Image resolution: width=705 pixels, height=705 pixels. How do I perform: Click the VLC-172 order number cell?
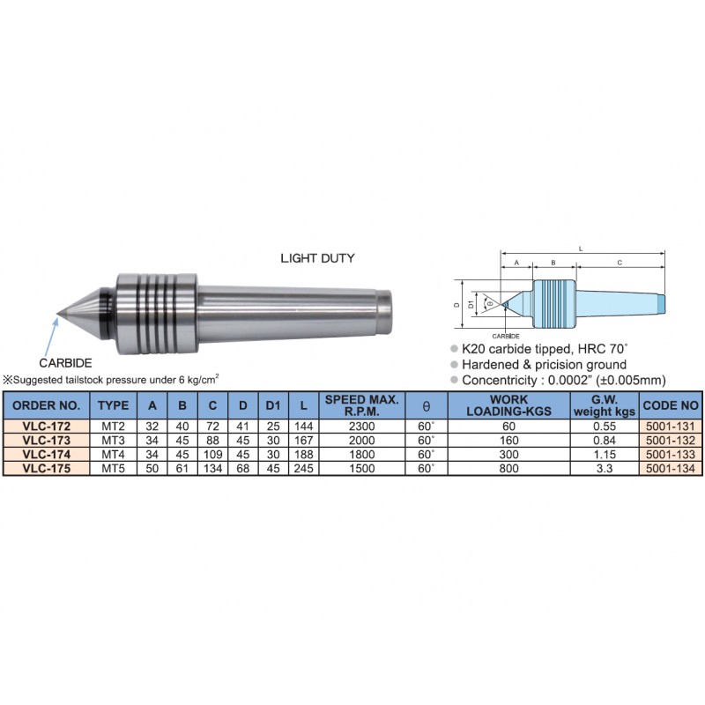coord(47,427)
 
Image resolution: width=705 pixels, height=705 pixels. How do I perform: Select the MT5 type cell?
coord(113,469)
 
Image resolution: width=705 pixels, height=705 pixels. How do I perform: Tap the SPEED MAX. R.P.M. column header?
coord(362,405)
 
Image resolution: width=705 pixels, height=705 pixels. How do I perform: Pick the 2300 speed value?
coord(362,427)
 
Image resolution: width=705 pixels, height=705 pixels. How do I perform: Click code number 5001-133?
coord(671,455)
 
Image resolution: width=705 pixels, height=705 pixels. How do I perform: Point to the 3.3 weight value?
coord(605,469)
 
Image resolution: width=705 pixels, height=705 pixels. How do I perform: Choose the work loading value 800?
coord(509,469)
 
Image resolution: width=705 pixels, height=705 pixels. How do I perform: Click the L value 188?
coord(303,455)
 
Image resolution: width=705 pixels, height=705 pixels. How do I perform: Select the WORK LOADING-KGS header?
coord(509,405)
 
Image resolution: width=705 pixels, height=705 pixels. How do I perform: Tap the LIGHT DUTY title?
coord(317,258)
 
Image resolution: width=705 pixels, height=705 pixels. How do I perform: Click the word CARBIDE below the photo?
coord(65,363)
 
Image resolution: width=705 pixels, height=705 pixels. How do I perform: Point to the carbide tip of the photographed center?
coord(58,314)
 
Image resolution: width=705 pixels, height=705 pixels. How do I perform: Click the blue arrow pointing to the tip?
coord(51,337)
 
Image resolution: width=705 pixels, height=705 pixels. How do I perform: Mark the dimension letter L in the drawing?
coord(581,249)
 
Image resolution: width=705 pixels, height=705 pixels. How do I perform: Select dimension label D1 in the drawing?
coord(471,304)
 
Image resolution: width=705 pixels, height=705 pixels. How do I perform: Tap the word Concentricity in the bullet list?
coord(499,381)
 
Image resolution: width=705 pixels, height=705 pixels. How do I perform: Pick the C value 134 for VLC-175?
coord(212,469)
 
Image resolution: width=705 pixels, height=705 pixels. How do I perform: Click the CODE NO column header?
coord(671,405)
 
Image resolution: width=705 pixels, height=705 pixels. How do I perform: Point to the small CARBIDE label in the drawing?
coord(506,336)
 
